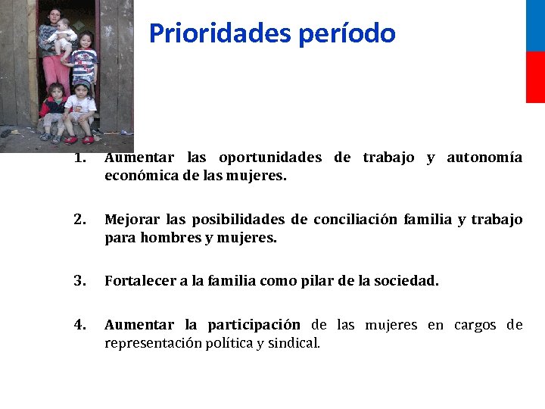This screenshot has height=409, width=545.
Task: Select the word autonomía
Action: point(484,158)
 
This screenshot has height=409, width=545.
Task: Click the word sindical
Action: point(294,343)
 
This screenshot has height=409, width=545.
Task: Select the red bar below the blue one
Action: point(535,77)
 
